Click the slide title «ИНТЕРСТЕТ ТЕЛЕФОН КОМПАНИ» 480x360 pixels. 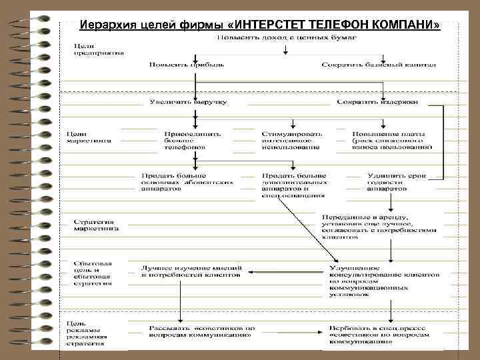(x=259, y=25)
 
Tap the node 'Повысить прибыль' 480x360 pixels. (x=186, y=65)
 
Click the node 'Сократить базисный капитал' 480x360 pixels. (x=378, y=65)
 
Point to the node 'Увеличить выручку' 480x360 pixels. (x=187, y=102)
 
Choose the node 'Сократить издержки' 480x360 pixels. (x=377, y=102)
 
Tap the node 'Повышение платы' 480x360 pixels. (x=392, y=139)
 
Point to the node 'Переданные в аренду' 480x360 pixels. (x=379, y=226)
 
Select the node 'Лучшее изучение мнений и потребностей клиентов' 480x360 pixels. (x=190, y=271)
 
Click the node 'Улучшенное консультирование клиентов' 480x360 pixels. (x=383, y=280)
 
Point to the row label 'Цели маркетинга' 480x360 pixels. (x=89, y=137)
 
